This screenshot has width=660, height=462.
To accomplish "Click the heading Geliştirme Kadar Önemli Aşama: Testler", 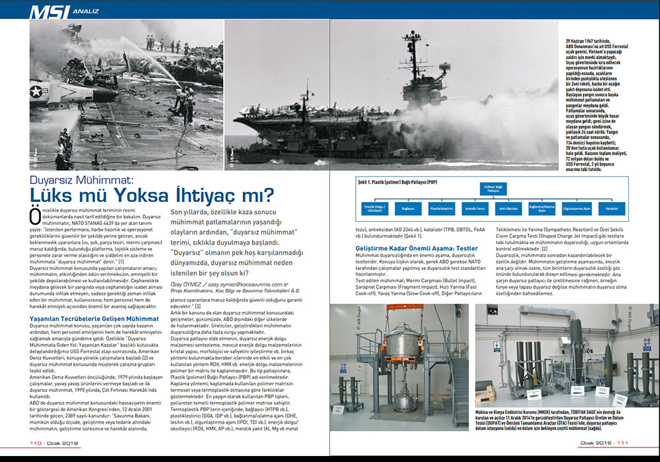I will point(409,247).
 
